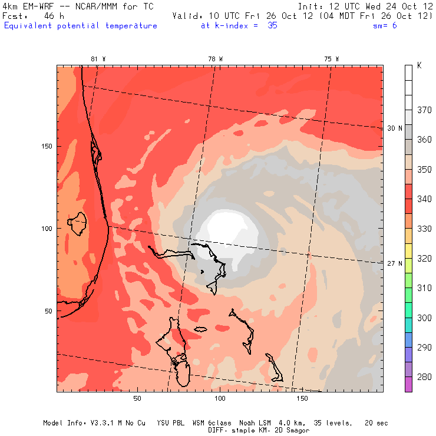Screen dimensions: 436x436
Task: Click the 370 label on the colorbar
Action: click(x=424, y=110)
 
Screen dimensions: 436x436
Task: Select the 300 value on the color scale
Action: click(x=424, y=318)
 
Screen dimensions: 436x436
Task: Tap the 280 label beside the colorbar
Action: click(x=424, y=377)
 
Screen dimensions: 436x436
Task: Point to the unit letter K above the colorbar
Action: click(x=419, y=66)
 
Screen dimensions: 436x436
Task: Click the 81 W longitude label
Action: click(x=98, y=59)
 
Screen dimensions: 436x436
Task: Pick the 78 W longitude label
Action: click(x=216, y=59)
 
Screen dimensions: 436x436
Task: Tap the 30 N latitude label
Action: click(x=395, y=128)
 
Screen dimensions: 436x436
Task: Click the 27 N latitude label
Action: click(x=395, y=263)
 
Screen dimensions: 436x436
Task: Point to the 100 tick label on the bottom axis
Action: click(x=220, y=399)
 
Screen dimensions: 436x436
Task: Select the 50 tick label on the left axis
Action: click(x=49, y=311)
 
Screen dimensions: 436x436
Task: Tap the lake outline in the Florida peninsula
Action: click(x=77, y=223)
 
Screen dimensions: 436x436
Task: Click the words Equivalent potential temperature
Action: click(x=81, y=26)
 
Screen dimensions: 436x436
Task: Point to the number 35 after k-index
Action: click(x=272, y=26)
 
